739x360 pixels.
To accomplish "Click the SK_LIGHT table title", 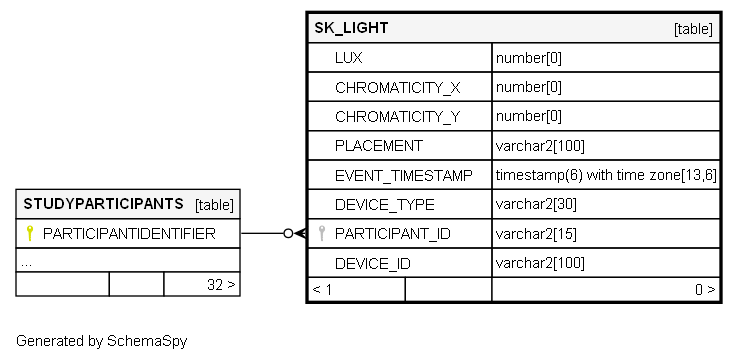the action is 351,28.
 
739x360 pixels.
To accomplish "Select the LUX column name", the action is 349,58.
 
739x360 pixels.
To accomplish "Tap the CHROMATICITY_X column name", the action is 398,88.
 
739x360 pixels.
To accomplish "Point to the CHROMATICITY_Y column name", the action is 398,117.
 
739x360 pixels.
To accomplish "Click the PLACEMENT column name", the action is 379,146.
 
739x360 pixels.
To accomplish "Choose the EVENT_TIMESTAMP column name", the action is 404,176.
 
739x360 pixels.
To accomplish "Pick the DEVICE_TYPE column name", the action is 385,205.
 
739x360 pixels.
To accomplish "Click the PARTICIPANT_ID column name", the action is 393,234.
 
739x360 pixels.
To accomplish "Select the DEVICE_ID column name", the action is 373,263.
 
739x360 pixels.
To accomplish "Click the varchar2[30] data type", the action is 536,205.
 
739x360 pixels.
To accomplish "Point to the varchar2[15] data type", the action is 536,234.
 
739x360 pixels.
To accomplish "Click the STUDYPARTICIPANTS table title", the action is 103,204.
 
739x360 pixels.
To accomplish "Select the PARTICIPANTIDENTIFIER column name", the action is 129,234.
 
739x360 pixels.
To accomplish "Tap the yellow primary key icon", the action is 30,233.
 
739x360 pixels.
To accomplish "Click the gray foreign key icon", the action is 321,233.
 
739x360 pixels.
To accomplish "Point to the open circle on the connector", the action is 288,233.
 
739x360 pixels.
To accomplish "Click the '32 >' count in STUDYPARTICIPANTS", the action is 221,285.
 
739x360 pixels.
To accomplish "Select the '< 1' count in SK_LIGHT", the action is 322,289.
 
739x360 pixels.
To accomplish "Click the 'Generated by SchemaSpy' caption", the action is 102,341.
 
